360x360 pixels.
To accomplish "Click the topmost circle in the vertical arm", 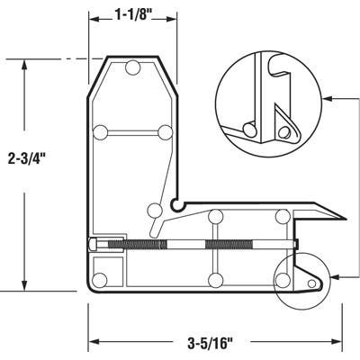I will coord(134,67).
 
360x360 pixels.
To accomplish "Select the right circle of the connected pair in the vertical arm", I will coord(164,132).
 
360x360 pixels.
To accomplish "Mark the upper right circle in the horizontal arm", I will coord(282,216).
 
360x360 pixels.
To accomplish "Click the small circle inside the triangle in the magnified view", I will coord(285,130).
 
